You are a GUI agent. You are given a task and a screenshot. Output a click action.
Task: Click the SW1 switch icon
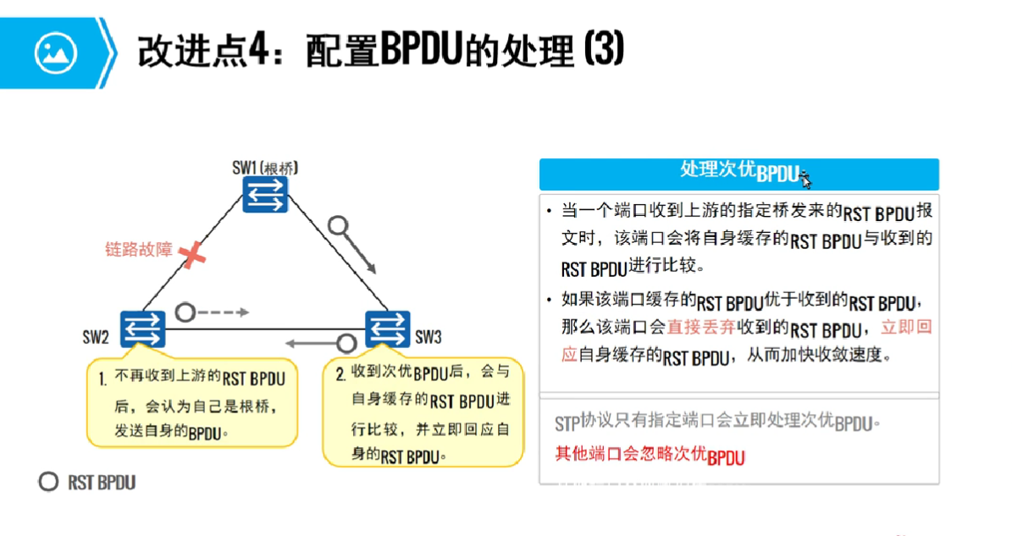(265, 195)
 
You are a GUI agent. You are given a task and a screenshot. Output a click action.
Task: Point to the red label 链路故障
(138, 250)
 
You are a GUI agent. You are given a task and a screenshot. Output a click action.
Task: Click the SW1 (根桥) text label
(265, 167)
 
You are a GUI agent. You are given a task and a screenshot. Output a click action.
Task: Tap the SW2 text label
(96, 337)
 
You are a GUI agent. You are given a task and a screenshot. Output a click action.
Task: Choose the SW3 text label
(429, 337)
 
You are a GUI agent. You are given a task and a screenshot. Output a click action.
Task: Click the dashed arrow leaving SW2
(225, 312)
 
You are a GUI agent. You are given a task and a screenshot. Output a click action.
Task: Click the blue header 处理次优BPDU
(738, 172)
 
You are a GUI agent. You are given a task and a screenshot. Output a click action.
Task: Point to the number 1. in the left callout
(102, 378)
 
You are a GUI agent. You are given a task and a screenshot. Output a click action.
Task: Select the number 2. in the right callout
(340, 373)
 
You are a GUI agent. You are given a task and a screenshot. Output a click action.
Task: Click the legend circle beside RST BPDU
(48, 482)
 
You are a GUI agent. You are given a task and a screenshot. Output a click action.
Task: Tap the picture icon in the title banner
(56, 53)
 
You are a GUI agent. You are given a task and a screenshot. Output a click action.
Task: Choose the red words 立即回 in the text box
(906, 327)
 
